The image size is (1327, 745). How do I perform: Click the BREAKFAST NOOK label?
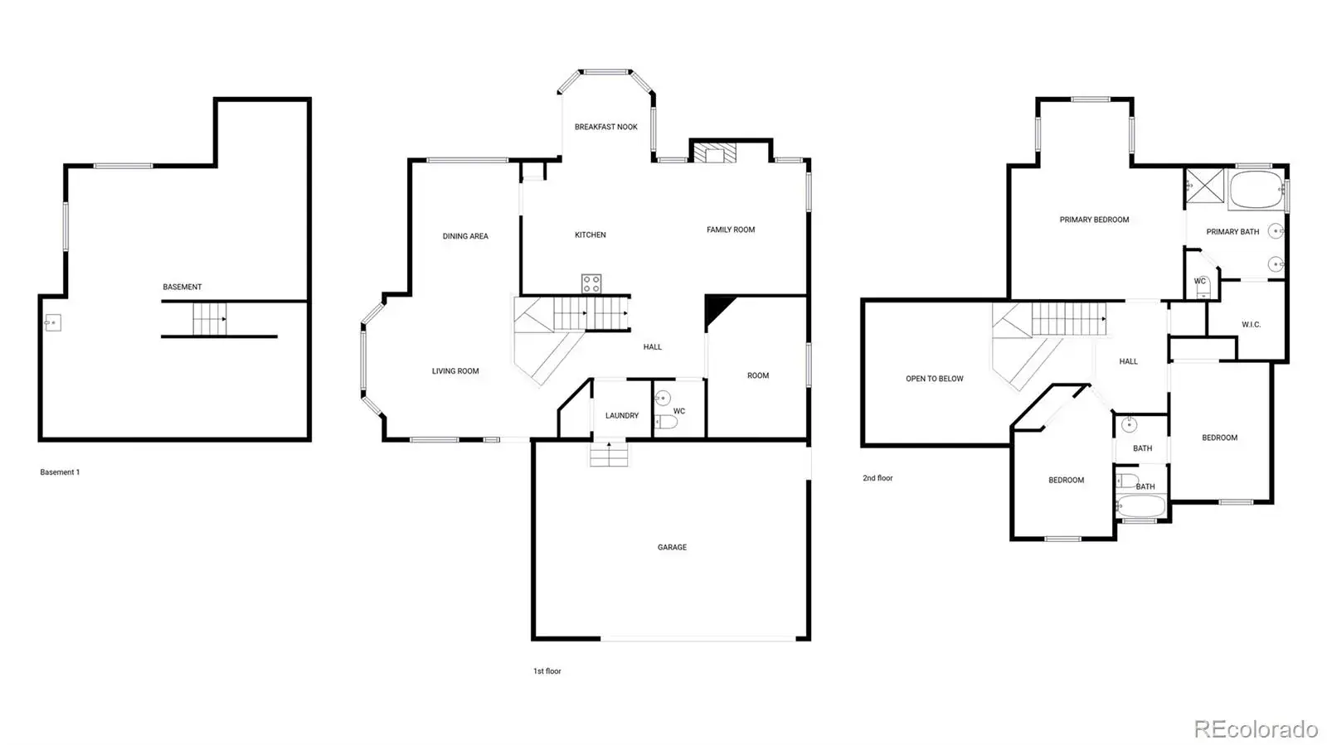click(x=606, y=127)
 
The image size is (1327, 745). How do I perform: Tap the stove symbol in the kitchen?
click(x=591, y=283)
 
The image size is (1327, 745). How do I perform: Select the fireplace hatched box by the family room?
click(x=715, y=152)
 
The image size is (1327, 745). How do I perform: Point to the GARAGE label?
click(x=672, y=548)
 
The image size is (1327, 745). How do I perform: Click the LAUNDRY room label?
click(x=622, y=415)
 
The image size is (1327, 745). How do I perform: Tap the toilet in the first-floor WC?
click(x=666, y=421)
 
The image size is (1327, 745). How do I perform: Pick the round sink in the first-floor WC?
click(x=663, y=398)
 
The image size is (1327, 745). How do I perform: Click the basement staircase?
click(x=210, y=319)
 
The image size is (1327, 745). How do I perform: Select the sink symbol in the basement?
click(x=53, y=323)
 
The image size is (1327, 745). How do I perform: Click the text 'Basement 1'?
click(x=60, y=472)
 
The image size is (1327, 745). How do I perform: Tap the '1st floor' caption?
click(x=547, y=671)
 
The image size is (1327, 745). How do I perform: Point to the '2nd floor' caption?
click(x=877, y=478)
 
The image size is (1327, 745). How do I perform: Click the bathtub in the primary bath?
click(x=1257, y=189)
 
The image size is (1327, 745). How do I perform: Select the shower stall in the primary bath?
click(x=1204, y=186)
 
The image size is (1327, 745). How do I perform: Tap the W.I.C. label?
click(x=1252, y=324)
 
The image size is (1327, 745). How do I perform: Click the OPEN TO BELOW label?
click(x=934, y=379)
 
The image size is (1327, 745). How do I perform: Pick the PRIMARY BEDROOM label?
click(x=1094, y=220)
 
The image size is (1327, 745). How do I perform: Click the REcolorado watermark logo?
click(x=1256, y=728)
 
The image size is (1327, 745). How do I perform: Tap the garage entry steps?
click(x=609, y=454)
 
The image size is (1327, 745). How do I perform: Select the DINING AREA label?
click(x=465, y=236)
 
